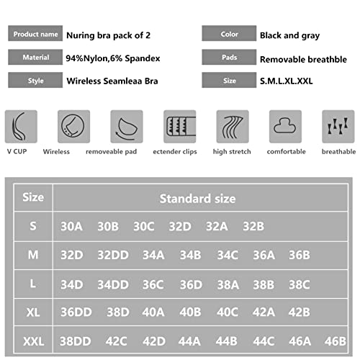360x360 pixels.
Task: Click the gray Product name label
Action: tap(36, 34)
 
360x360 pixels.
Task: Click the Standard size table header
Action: tap(197, 198)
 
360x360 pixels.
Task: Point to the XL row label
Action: tap(33, 312)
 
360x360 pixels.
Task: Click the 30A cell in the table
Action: tap(72, 226)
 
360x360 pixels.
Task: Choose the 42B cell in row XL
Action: tap(299, 312)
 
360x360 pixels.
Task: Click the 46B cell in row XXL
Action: tap(335, 341)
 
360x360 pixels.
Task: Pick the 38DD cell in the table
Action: tap(76, 341)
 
